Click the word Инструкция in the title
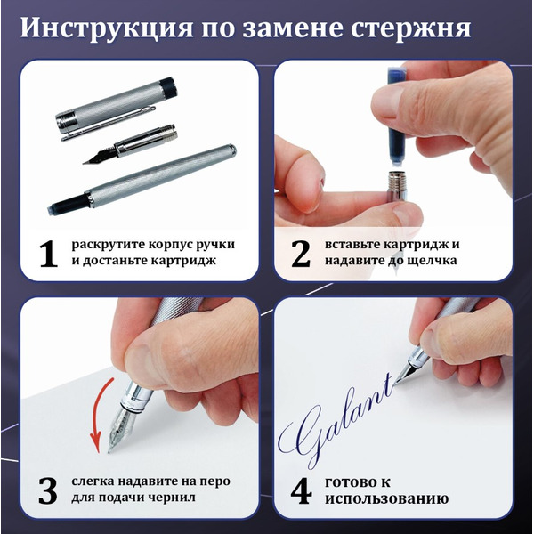pos(107,28)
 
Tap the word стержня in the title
pos(411,28)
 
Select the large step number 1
pos(48,254)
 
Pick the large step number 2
pos(301,254)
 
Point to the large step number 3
pos(48,490)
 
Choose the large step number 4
pos(301,490)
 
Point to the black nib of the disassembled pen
pos(100,156)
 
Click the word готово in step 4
pos(348,482)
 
